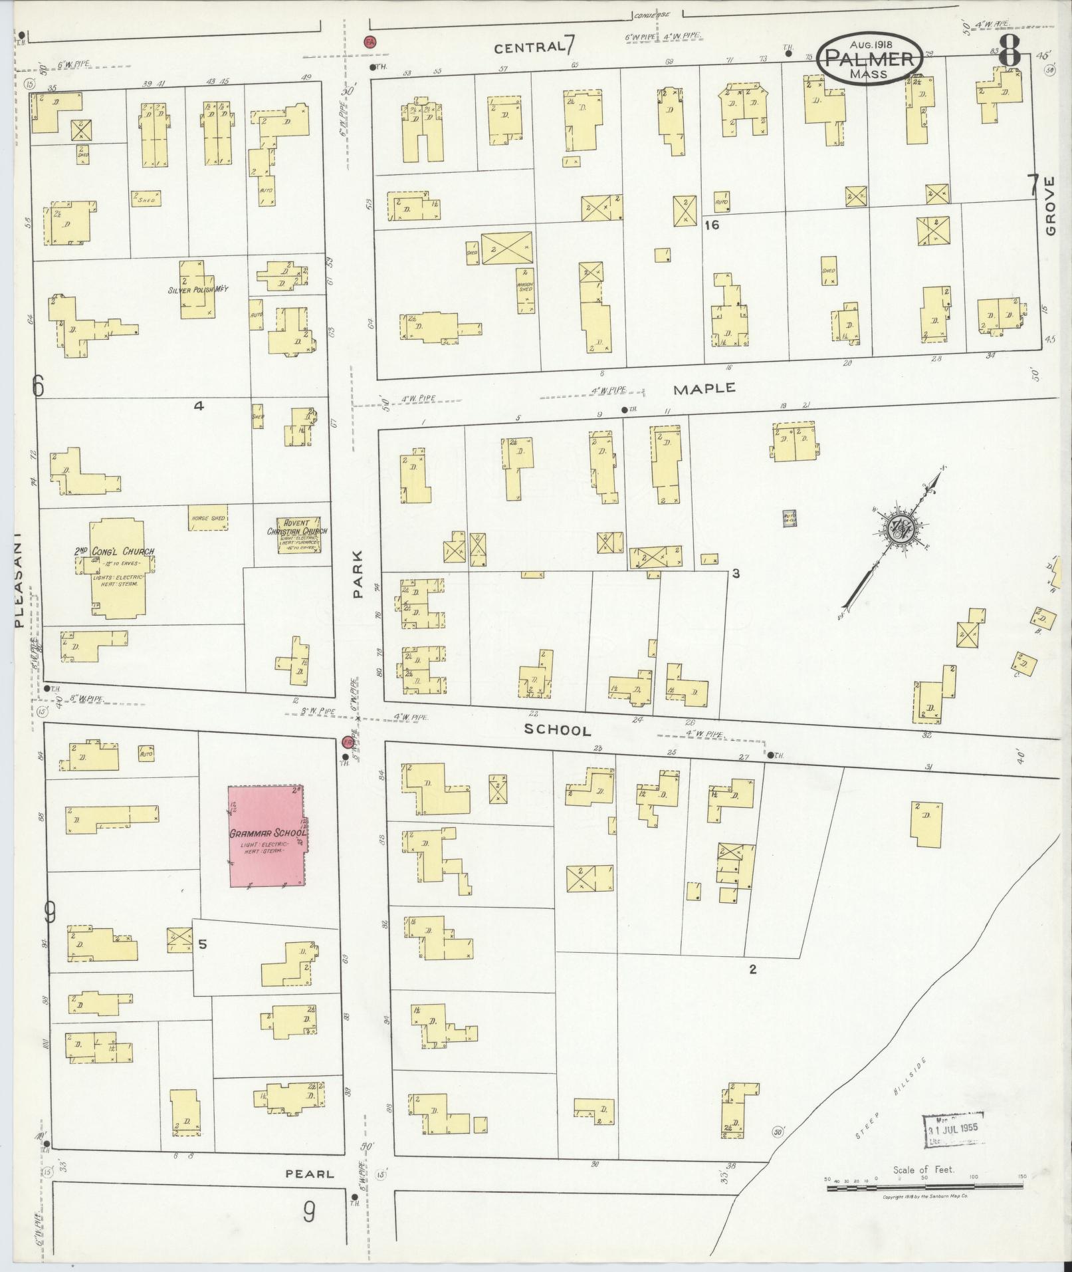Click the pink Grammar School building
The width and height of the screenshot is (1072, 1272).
[266, 836]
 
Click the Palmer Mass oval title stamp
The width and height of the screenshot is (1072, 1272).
[870, 59]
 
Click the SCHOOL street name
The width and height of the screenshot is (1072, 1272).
[557, 730]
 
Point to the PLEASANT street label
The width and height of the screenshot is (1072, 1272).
[18, 578]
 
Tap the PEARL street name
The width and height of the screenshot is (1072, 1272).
[310, 1174]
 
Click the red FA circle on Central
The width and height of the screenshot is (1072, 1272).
[370, 42]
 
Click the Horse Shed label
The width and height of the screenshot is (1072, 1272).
[208, 518]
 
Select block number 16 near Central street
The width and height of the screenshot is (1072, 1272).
[712, 225]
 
